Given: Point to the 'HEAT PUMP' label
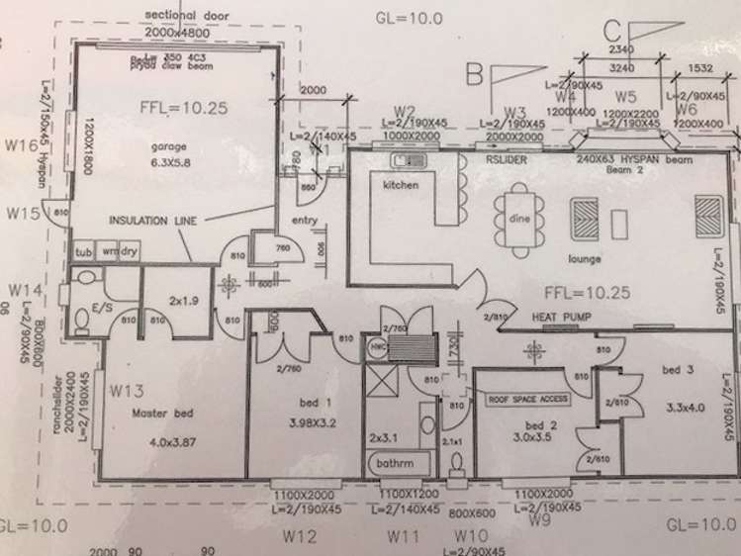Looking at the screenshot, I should click(561, 317).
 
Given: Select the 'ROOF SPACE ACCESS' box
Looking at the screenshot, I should click(525, 399).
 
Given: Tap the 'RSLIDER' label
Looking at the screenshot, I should click(506, 157).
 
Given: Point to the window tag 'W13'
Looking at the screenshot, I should click(128, 389).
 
